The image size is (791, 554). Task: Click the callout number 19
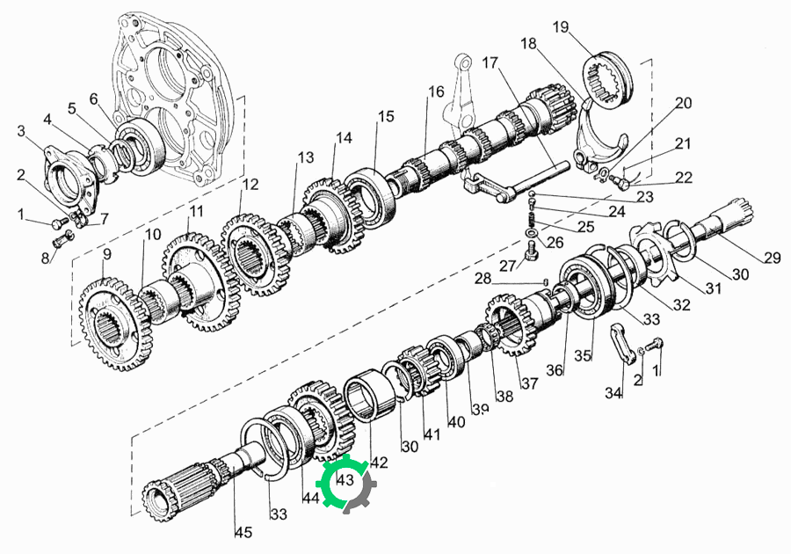tap(561, 26)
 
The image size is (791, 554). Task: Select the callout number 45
tap(243, 532)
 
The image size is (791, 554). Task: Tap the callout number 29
tap(772, 258)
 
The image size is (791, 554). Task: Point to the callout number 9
tap(106, 254)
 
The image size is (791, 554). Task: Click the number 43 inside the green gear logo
tap(345, 479)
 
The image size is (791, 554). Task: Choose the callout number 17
tap(490, 62)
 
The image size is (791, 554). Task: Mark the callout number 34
tap(613, 392)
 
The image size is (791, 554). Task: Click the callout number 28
tap(483, 278)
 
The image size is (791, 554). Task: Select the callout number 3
tap(21, 131)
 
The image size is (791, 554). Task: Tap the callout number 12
tap(250, 184)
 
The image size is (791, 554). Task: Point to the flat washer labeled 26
tap(532, 234)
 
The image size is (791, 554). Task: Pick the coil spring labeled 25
tap(531, 219)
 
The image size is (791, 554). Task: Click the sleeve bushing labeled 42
tap(369, 394)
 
